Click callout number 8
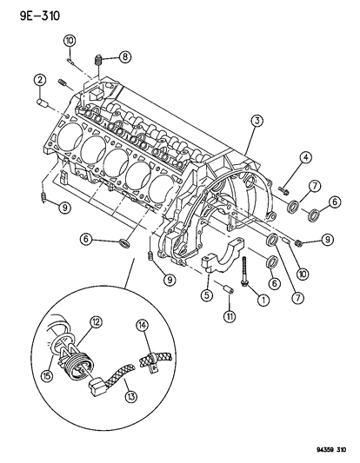125,57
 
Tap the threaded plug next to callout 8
99,62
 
